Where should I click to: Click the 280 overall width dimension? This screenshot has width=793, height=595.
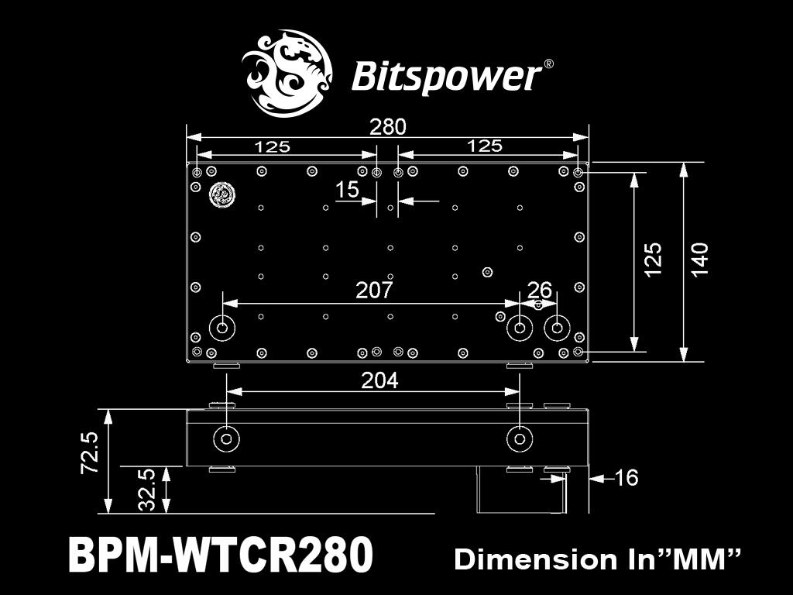387,127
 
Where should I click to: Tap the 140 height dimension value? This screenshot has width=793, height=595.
699,260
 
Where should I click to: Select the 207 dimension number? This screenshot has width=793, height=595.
374,290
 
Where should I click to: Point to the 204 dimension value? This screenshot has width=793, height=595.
379,380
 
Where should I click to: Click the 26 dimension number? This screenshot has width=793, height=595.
539,290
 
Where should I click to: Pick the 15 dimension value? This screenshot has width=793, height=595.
348,190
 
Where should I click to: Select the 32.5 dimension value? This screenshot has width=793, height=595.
146,490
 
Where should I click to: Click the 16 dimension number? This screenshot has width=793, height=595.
626,477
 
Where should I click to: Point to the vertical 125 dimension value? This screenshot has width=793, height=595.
653,260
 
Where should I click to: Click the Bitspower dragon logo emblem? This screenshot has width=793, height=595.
287,74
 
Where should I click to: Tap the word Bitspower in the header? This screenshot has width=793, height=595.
446,77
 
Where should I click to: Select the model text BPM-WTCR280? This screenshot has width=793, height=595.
221,555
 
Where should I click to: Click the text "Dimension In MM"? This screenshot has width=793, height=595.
597,559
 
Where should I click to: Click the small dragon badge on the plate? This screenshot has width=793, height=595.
221,194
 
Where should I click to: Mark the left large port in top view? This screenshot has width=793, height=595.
222,328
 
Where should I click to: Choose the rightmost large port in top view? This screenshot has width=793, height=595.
557,328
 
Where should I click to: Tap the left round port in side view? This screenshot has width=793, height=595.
226,439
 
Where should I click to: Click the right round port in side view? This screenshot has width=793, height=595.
520,439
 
